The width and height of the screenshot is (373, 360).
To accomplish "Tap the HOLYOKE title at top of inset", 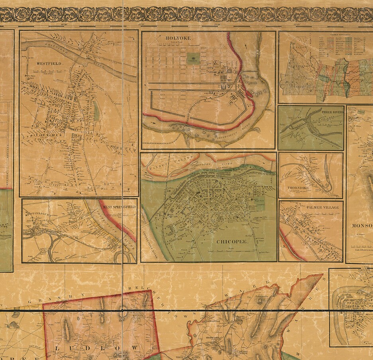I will click(x=178, y=38).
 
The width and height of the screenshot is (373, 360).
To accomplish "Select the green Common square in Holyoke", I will click(x=194, y=58).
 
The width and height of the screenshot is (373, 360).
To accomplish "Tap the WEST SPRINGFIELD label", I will click(x=120, y=207).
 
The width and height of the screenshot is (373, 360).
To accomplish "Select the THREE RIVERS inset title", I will click(x=332, y=113).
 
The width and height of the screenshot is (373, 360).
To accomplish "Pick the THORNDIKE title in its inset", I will click(x=298, y=187).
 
